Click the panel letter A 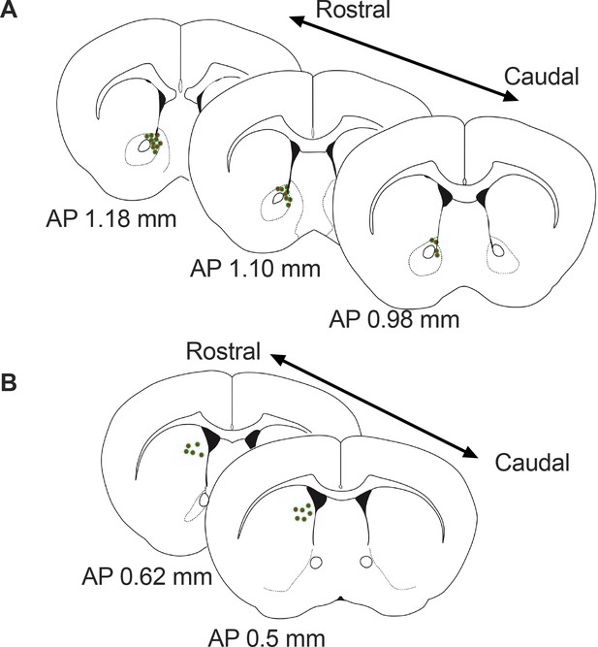tap(9, 9)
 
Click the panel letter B tap(9, 382)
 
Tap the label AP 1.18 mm tap(110, 218)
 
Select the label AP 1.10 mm tap(255, 269)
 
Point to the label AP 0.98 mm tap(393, 319)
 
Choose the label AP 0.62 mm tap(146, 576)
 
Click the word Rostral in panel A tap(353, 10)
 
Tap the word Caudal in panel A tap(542, 77)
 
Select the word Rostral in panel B tap(223, 351)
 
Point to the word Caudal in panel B tap(532, 463)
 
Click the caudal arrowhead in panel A tap(511, 97)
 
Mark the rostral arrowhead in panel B tap(277, 359)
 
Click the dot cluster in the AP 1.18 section tap(154, 143)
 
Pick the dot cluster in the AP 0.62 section tap(193, 449)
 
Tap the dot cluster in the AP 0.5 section tap(302, 512)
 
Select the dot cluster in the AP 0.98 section tap(434, 246)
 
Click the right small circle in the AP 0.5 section tap(365, 562)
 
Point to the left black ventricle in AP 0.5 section tap(316, 499)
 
